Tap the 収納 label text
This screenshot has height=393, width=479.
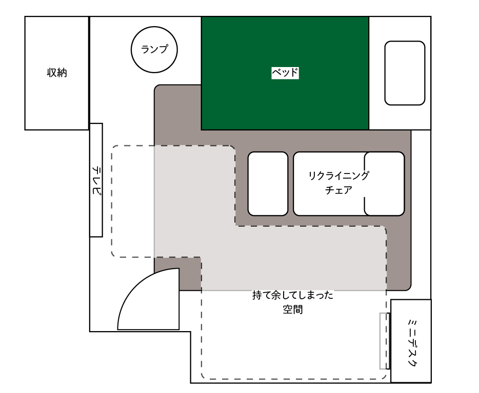(57, 73)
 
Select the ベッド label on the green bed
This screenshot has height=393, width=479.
(285, 73)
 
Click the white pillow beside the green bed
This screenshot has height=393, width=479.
(405, 73)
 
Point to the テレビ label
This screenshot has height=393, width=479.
(96, 180)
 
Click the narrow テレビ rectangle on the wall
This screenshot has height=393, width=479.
(96, 180)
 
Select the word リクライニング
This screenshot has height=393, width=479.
(338, 176)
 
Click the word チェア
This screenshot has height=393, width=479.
(338, 190)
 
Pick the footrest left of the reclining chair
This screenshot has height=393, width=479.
(268, 184)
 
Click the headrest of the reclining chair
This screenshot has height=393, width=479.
(385, 184)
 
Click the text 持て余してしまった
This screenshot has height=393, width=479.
(293, 295)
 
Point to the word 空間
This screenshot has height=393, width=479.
(293, 310)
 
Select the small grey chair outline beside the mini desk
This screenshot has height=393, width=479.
(385, 341)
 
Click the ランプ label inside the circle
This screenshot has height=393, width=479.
(154, 49)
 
